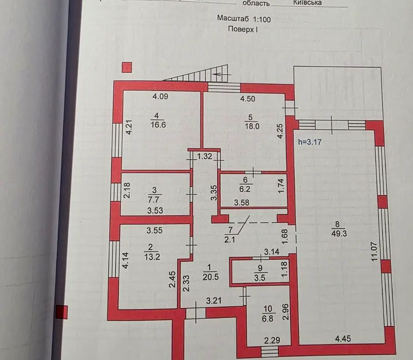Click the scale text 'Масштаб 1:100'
pos(244,19)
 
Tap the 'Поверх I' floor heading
pos(243,29)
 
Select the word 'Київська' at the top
pos(307,3)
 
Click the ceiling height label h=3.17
pos(310,142)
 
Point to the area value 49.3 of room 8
pos(339,233)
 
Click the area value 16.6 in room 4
pos(158,124)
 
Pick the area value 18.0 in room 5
pos(252,126)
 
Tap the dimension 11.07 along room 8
pos(374,252)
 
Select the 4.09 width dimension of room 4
pos(160,96)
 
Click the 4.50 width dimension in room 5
pos(248,99)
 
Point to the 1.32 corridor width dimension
pos(205,156)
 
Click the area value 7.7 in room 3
pos(153,200)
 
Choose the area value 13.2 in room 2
pos(152,256)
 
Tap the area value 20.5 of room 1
pos(211,277)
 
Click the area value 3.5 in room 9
pos(259,277)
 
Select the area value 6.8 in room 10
pos(268,319)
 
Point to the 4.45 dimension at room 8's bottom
pos(343,338)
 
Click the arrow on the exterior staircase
pos(222,74)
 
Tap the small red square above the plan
pos(127,67)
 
